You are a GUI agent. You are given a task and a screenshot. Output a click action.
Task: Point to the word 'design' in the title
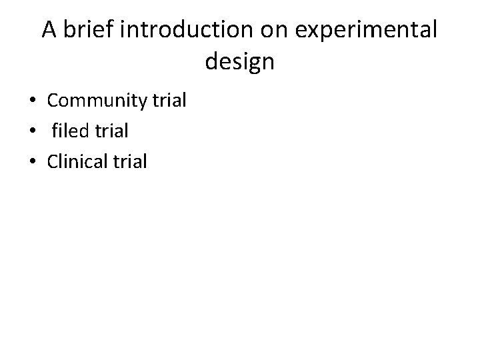click(x=240, y=62)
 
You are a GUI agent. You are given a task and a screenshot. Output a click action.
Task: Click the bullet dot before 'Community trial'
click(x=32, y=101)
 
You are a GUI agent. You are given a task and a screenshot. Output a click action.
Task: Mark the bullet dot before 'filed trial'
click(x=32, y=131)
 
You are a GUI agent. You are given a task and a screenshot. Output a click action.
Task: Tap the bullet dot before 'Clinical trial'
click(x=32, y=161)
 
